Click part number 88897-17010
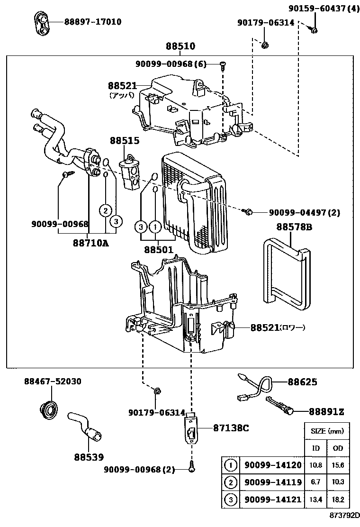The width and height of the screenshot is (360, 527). click(93, 22)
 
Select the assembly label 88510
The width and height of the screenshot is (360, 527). click(180, 46)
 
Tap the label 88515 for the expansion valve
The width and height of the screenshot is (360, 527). click(125, 141)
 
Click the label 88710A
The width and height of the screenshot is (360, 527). click(91, 243)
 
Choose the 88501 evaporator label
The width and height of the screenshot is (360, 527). click(159, 249)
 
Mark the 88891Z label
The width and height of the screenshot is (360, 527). click(327, 412)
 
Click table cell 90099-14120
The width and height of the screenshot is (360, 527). click(273, 465)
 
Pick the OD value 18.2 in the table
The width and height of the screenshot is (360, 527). click(338, 500)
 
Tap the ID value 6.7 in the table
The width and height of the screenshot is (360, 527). click(315, 482)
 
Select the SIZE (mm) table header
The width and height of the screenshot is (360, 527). click(326, 431)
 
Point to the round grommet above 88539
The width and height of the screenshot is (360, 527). click(48, 409)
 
